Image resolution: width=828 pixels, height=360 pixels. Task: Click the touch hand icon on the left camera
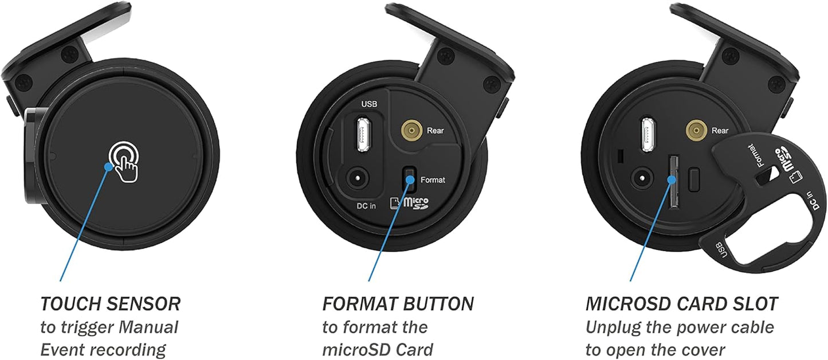pos(124,162)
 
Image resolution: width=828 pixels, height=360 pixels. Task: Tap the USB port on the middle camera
pos(364,134)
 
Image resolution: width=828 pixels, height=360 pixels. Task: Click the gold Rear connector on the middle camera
pos(412,130)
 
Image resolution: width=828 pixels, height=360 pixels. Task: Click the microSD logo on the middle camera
pos(410,203)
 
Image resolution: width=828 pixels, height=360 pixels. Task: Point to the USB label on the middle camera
pos(369,104)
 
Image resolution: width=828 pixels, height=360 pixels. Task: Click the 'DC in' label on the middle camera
pos(366,206)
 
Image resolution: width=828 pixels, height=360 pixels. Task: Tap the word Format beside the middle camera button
pos(433,180)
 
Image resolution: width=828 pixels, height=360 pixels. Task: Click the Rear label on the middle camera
pos(435,131)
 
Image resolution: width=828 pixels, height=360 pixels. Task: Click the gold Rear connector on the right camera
pos(696,130)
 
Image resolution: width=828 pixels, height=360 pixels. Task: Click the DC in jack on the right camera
pos(642,178)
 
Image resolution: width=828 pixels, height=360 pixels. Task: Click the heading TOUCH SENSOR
pos(110,304)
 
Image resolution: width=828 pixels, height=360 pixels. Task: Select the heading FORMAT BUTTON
pos(398,304)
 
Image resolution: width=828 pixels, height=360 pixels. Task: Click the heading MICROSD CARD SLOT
pos(682,304)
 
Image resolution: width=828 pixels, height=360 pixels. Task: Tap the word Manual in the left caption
pos(148,327)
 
